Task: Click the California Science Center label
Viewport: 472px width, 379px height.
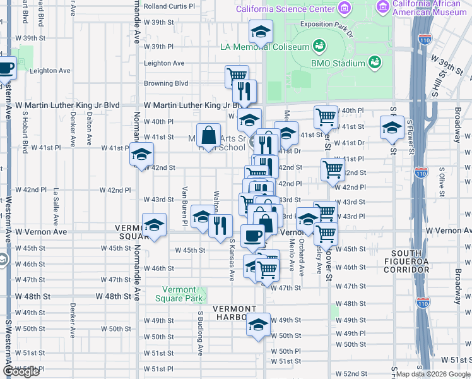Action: pyautogui.click(x=285, y=9)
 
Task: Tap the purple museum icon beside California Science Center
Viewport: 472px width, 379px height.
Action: pyautogui.click(x=344, y=8)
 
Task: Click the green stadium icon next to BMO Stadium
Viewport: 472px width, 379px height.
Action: pyautogui.click(x=375, y=62)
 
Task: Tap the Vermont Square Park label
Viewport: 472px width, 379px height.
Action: pyautogui.click(x=179, y=293)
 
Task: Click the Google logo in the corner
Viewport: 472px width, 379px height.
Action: pyautogui.click(x=21, y=371)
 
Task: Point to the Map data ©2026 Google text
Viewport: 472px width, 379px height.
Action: pyautogui.click(x=432, y=374)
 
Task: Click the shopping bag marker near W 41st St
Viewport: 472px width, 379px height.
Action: pyautogui.click(x=208, y=135)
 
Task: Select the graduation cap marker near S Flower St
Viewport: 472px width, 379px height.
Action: pyautogui.click(x=392, y=128)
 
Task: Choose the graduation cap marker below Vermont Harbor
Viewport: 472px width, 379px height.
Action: pyautogui.click(x=258, y=325)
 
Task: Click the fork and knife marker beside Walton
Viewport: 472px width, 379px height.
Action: pyautogui.click(x=220, y=226)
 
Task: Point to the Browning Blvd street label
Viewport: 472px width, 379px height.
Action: pyautogui.click(x=167, y=83)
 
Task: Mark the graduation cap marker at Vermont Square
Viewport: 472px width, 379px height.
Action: pyautogui.click(x=153, y=226)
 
